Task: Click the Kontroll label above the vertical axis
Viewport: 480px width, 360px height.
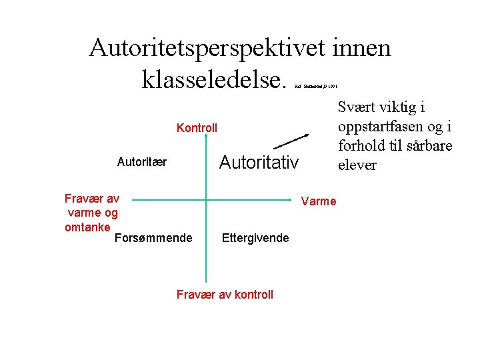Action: click(x=197, y=127)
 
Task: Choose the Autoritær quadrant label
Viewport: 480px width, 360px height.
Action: click(x=142, y=161)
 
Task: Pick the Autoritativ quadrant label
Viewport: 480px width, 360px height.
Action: click(x=259, y=162)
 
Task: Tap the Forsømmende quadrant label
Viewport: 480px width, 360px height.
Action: click(x=153, y=238)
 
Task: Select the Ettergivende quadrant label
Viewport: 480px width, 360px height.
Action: click(x=255, y=238)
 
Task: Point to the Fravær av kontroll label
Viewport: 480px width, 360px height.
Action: click(x=225, y=295)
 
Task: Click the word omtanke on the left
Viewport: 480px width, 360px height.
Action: click(x=88, y=227)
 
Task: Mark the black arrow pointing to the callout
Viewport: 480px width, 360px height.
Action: click(x=293, y=141)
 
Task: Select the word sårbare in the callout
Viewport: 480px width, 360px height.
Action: click(x=429, y=146)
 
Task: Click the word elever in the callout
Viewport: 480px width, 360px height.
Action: click(x=358, y=165)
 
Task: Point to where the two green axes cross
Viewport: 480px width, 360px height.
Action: click(x=206, y=199)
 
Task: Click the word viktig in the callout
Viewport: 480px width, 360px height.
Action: click(x=401, y=107)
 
